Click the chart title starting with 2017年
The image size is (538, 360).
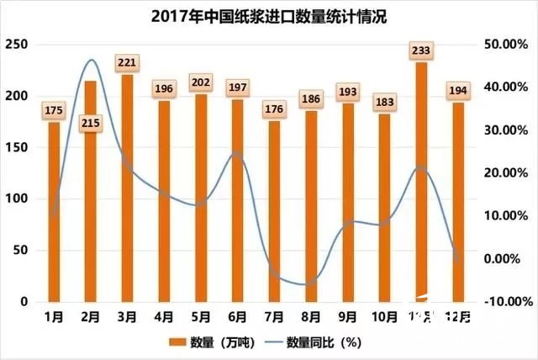pyautogui.click(x=269, y=16)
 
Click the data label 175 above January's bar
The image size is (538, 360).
pyautogui.click(x=54, y=109)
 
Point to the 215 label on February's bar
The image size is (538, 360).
pyautogui.click(x=91, y=124)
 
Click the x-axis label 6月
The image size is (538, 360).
pyautogui.click(x=237, y=317)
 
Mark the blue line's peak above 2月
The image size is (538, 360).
pyautogui.click(x=90, y=60)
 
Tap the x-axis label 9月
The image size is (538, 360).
pyautogui.click(x=347, y=317)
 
